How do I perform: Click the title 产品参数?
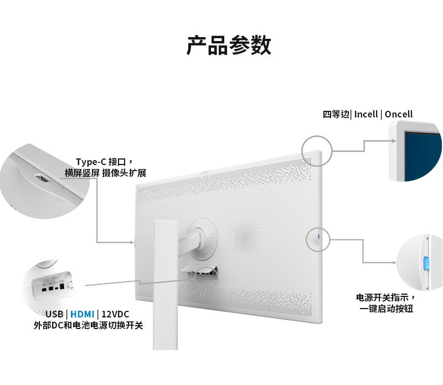(x=228, y=45)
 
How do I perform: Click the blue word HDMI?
(x=82, y=314)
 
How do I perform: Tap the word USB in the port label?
(x=54, y=314)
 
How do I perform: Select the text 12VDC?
(x=115, y=314)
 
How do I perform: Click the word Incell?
(x=366, y=114)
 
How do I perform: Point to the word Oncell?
(x=399, y=114)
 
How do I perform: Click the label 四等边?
(x=336, y=114)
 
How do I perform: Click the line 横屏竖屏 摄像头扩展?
(x=105, y=173)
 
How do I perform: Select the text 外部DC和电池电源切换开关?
(x=89, y=326)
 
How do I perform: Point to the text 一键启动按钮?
(x=387, y=309)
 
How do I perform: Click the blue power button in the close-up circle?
(x=425, y=264)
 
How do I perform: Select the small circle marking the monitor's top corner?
(x=316, y=150)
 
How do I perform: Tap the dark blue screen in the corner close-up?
(x=424, y=155)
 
